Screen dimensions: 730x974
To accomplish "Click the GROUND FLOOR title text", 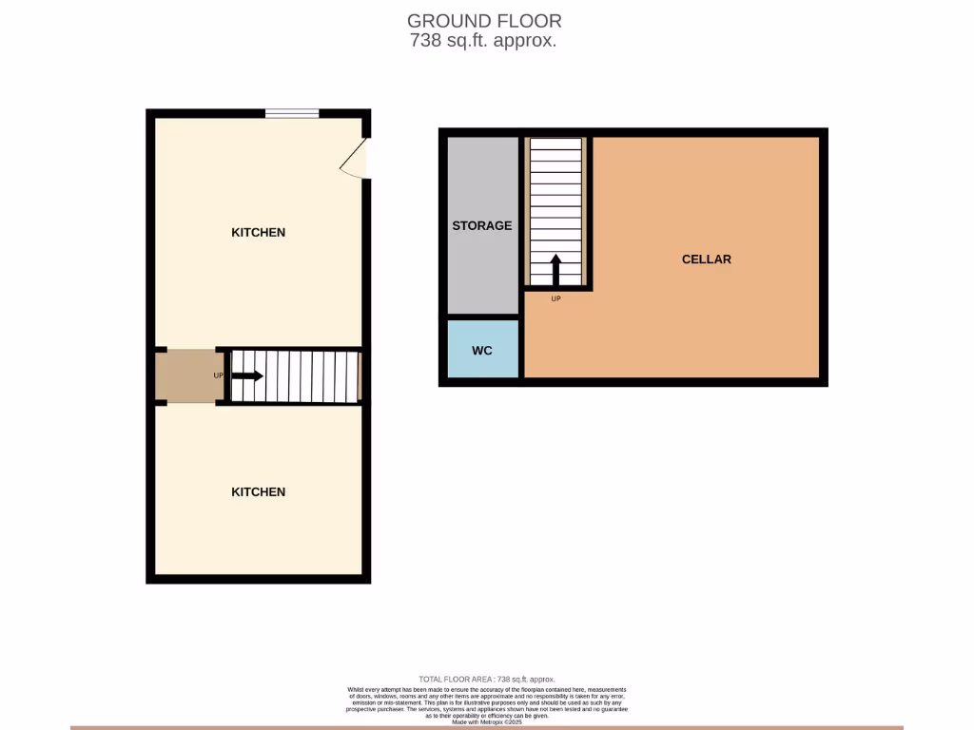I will tap(483, 20).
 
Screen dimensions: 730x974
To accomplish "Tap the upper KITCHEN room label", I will tap(258, 233).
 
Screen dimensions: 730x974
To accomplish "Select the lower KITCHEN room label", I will tap(258, 492).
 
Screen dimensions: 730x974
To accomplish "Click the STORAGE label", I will tap(481, 226).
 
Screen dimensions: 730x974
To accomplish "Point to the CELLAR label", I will tap(706, 259).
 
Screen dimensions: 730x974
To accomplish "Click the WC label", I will tap(482, 351).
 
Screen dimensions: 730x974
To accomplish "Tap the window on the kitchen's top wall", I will tap(292, 114).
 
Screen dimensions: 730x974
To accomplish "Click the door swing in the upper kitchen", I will tap(355, 159).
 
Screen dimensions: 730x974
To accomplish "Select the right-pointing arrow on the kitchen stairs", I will tap(247, 375).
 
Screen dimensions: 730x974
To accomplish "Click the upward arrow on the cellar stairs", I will tap(555, 269).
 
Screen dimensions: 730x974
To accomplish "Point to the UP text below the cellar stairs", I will tap(555, 299).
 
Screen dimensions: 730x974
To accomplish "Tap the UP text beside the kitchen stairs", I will tap(219, 375).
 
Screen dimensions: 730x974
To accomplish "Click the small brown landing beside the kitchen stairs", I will tap(190, 375).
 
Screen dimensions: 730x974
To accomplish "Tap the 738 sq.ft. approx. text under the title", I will tap(483, 41).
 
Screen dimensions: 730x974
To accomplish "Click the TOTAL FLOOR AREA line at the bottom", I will tap(486, 679).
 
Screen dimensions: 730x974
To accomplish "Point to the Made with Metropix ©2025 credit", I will tap(486, 722).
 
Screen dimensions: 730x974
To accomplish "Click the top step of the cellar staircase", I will tap(555, 144).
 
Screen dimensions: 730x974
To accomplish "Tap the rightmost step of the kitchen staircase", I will tap(352, 375).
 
